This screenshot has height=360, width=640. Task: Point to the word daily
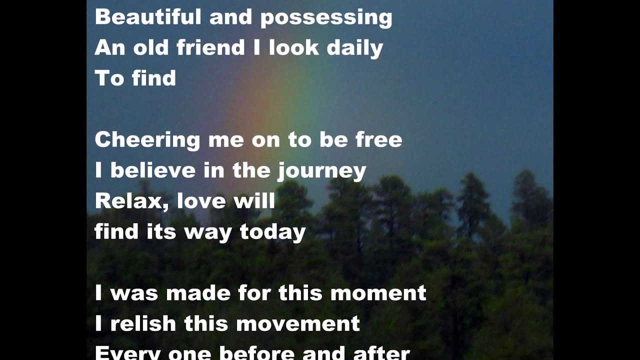click(354, 48)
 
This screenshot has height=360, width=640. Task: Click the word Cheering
click(147, 140)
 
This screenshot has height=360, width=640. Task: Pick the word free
click(378, 139)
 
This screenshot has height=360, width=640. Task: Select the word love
click(195, 201)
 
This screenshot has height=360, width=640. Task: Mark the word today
click(272, 232)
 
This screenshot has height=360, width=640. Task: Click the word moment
click(378, 293)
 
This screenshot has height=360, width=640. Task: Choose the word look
click(293, 47)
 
